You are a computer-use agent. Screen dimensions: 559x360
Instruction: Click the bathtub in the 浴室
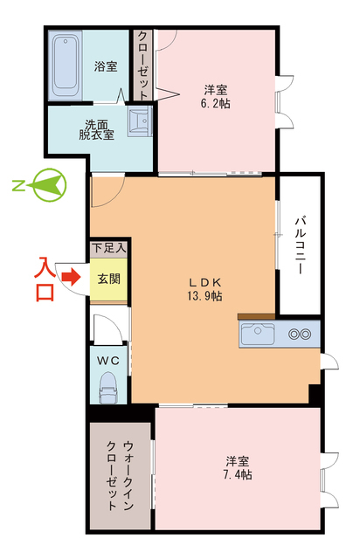pos(66,64)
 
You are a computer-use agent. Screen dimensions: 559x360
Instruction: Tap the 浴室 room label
pos(106,67)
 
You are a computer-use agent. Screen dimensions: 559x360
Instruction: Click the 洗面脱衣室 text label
pos(96,128)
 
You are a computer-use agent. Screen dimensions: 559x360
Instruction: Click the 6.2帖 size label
pos(216,102)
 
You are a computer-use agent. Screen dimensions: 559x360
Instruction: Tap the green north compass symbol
pos(45,184)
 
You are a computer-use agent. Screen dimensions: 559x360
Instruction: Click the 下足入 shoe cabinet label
pos(109,248)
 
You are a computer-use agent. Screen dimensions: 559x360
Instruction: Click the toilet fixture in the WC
pos(108,386)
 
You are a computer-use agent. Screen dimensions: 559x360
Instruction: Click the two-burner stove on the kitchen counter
pos(300,334)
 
